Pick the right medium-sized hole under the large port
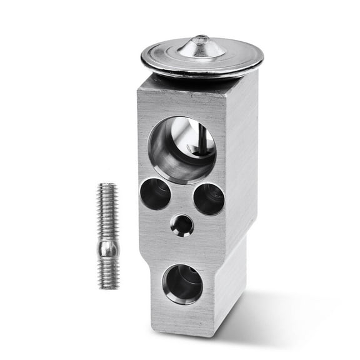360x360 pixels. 209,199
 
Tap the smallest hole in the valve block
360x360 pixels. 182,224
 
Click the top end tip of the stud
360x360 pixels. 106,185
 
